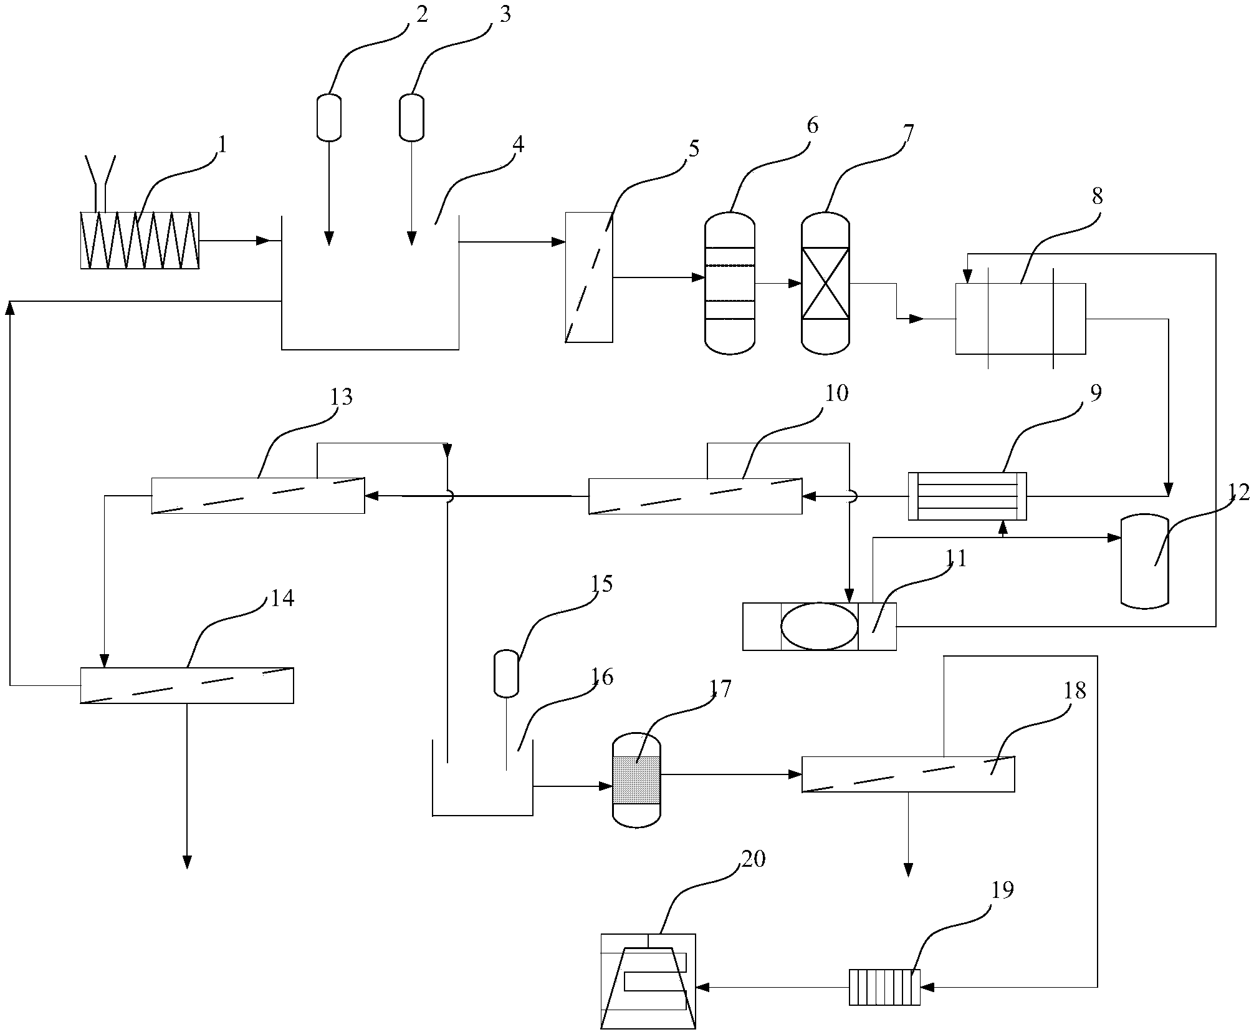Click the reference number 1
pyautogui.click(x=221, y=145)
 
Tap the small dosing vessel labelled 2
pyautogui.click(x=329, y=117)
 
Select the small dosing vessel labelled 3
pyautogui.click(x=411, y=117)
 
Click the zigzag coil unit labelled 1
pyautogui.click(x=140, y=241)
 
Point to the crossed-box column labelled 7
pyautogui.click(x=825, y=283)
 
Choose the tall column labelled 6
pyautogui.click(x=730, y=283)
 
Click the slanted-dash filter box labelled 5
pyautogui.click(x=589, y=277)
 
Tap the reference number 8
pyautogui.click(x=1097, y=197)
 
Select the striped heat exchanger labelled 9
pyautogui.click(x=967, y=496)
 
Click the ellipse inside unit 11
pyautogui.click(x=819, y=626)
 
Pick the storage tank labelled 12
pyautogui.click(x=1144, y=560)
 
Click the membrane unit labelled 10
pyautogui.click(x=696, y=496)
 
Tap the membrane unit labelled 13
pyautogui.click(x=258, y=496)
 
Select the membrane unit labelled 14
pyautogui.click(x=187, y=685)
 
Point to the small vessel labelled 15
pyautogui.click(x=506, y=673)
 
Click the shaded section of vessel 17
pyautogui.click(x=636, y=780)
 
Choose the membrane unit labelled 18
pyautogui.click(x=907, y=774)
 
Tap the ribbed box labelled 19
pyautogui.click(x=884, y=987)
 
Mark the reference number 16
pyautogui.click(x=602, y=677)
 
